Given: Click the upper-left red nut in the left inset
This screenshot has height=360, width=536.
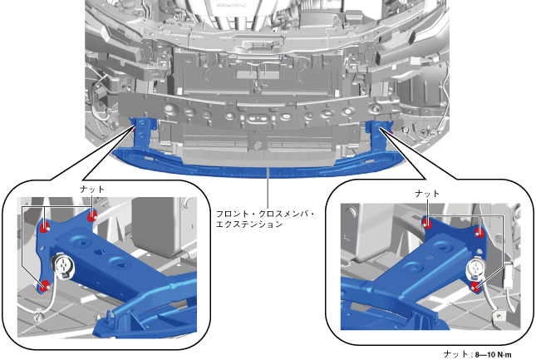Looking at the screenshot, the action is point(45,226).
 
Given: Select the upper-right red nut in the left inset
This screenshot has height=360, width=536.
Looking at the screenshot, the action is point(92,216).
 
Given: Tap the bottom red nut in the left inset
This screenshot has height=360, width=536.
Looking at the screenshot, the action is point(44,286).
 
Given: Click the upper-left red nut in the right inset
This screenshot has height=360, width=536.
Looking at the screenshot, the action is point(427,223).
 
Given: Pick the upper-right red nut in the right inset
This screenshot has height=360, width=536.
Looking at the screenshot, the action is point(480,233).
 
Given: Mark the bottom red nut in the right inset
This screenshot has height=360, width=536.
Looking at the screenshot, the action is point(475,287).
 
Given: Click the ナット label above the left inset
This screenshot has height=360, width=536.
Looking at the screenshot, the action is point(92,189).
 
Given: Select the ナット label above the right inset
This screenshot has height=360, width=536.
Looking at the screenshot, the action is point(427,194).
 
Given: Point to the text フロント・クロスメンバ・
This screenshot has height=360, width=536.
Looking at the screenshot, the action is point(265,214).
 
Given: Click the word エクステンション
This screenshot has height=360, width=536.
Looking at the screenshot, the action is point(249,224).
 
